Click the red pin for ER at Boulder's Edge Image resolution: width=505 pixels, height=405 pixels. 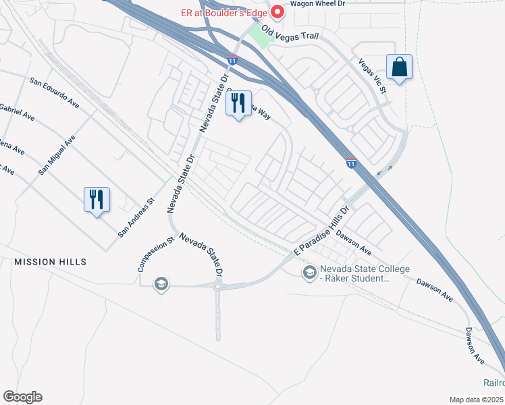pyautogui.click(x=276, y=11)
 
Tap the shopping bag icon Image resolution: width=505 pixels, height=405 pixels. pyautogui.click(x=400, y=67)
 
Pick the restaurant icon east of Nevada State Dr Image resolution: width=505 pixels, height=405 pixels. pyautogui.click(x=238, y=103)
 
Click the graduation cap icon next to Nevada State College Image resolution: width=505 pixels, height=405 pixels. pyautogui.click(x=310, y=272)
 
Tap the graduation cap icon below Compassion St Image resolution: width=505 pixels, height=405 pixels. pyautogui.click(x=160, y=284)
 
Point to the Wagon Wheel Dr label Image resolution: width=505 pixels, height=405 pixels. pyautogui.click(x=317, y=4)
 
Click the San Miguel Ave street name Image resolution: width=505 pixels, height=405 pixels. pyautogui.click(x=57, y=155)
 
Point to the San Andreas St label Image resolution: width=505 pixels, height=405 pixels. pyautogui.click(x=136, y=217)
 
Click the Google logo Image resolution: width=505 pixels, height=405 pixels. pyautogui.click(x=22, y=397)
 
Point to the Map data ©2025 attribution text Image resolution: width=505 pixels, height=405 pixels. pyautogui.click(x=477, y=400)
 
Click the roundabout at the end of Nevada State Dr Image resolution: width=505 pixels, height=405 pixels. pyautogui.click(x=219, y=286)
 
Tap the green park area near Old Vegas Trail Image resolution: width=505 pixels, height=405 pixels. pyautogui.click(x=261, y=35)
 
